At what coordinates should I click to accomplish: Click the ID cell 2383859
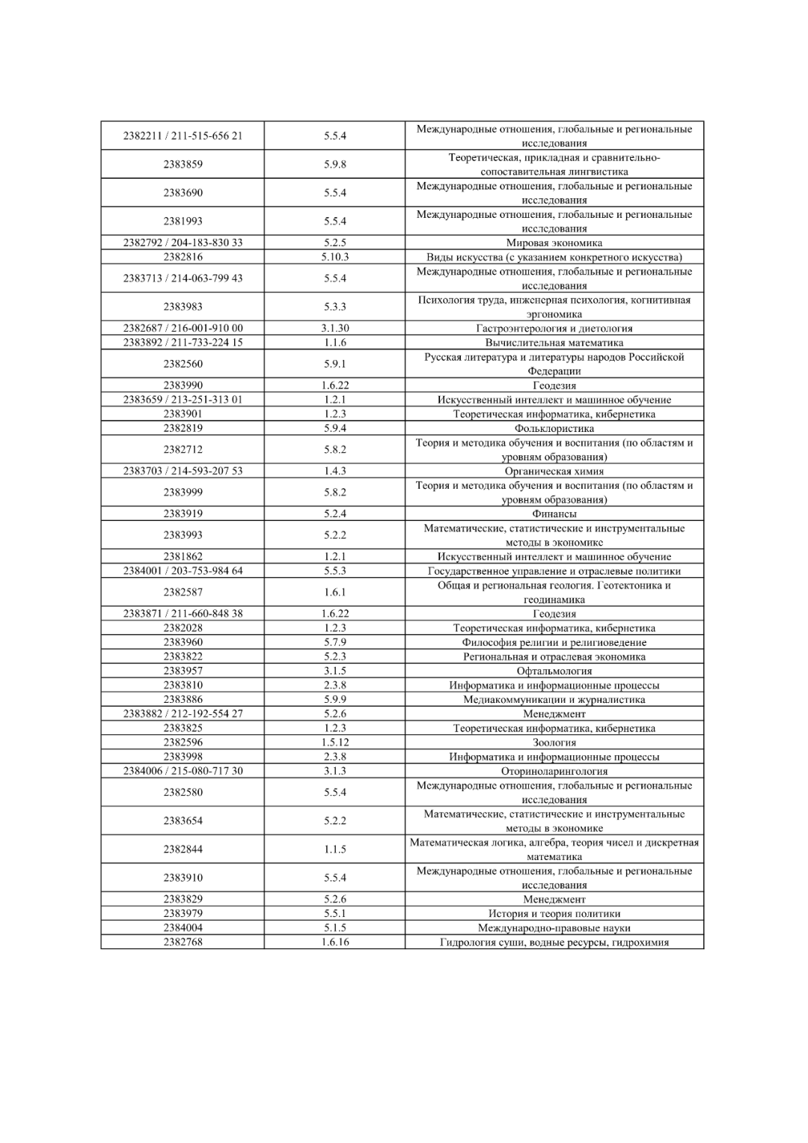(183, 164)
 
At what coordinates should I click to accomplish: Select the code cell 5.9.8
(334, 164)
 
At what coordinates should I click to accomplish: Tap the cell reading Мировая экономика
(554, 243)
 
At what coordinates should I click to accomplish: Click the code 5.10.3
(334, 257)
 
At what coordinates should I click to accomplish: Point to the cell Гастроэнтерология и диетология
(554, 328)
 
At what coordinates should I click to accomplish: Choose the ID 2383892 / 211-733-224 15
(183, 342)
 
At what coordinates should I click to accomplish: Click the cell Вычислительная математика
(554, 342)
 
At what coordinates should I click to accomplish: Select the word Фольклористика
(554, 428)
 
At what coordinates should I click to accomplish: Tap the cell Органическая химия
(554, 471)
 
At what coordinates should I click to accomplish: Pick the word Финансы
(554, 513)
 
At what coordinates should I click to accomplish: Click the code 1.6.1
(334, 591)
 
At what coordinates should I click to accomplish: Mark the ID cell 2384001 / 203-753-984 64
(183, 570)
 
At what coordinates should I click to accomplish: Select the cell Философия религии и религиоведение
(554, 642)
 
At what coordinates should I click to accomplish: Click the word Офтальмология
(554, 671)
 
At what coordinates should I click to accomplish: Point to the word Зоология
(554, 743)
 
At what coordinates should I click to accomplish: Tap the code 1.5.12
(334, 743)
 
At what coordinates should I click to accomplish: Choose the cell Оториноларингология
(554, 771)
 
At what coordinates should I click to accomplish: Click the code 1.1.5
(334, 849)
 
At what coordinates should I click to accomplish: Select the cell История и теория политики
(554, 913)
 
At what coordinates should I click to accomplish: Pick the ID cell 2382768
(183, 942)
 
